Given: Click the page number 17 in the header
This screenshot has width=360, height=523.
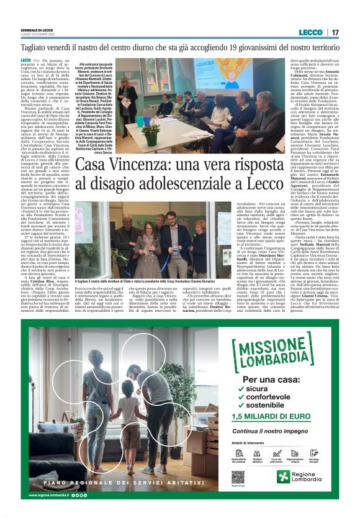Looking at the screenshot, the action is click(x=336, y=32).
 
